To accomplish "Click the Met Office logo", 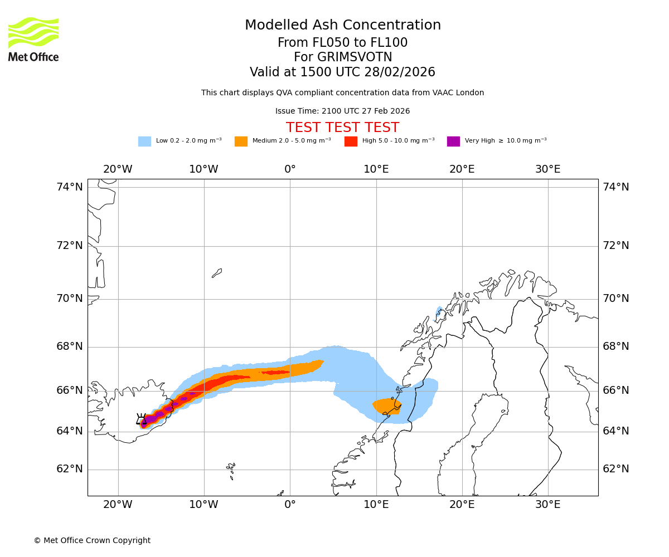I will tap(33, 39).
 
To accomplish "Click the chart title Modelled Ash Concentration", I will tap(343, 25).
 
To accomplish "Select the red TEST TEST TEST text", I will tap(342, 128).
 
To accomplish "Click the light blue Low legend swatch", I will tap(144, 141).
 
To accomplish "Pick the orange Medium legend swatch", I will tap(241, 141).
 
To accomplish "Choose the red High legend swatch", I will tap(351, 141).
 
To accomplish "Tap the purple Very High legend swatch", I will tap(453, 141).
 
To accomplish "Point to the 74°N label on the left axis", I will tap(70, 187).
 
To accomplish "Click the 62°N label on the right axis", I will tap(616, 469).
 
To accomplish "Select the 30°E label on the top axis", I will tap(548, 169).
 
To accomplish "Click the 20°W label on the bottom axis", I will tap(118, 505).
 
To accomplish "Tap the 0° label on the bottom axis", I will tap(290, 505).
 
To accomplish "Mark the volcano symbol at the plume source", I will tap(141, 419).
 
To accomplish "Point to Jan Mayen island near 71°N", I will tap(217, 273).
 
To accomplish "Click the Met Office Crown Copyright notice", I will tap(92, 540).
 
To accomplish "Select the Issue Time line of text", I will tap(342, 111).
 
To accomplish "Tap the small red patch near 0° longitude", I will tap(275, 372).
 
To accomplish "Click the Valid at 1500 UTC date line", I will tap(342, 72).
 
